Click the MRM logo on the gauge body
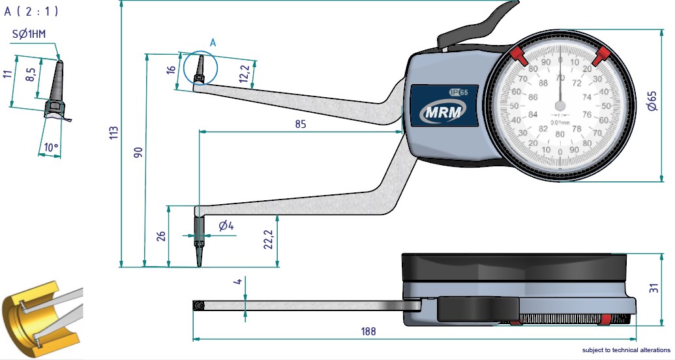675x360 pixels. coord(443,112)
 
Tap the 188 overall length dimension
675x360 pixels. coord(368,332)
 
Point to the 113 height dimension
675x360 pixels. coord(114,133)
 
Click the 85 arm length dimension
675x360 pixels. coord(301,123)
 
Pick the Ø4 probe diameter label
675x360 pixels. coord(226,226)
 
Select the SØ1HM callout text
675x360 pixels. coord(29,34)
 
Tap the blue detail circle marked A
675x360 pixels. coord(200,67)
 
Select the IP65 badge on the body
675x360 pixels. coord(460,91)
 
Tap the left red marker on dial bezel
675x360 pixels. coord(519,56)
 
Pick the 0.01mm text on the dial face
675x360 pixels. coord(560,122)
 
